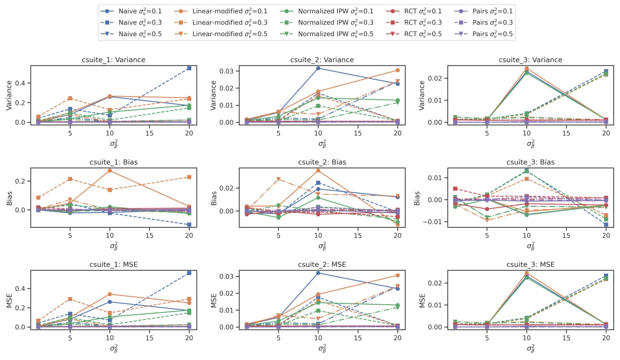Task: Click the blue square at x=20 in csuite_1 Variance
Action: point(189,68)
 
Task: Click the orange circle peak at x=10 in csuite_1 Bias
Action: point(110,171)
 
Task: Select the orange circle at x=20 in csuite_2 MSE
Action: point(397,275)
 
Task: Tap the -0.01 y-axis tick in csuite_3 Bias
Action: point(434,222)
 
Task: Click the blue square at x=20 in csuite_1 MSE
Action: point(189,273)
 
